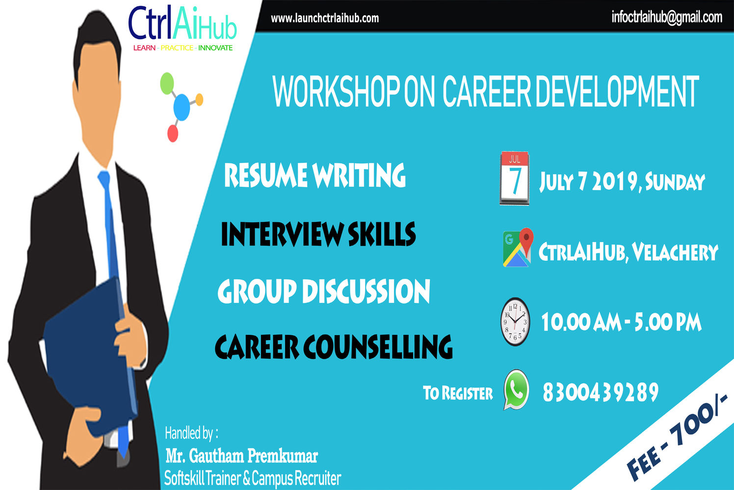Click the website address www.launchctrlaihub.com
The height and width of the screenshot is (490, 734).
325,18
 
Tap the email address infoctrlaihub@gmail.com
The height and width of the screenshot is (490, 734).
667,18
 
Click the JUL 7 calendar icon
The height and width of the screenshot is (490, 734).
515,178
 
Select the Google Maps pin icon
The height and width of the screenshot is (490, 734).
518,247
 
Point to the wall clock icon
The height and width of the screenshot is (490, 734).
515,322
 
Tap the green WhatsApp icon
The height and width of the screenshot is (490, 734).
516,390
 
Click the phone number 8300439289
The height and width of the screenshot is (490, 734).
601,392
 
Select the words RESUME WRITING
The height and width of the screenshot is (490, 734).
315,175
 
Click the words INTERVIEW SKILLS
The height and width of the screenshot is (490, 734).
318,234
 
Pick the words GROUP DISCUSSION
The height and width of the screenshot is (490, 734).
324,291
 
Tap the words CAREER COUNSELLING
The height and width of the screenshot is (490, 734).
334,347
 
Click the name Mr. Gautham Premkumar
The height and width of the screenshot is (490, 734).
242,456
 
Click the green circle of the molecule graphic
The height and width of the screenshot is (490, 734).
167,83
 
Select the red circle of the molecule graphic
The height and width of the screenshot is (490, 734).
173,134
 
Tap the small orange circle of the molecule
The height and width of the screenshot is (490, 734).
199,99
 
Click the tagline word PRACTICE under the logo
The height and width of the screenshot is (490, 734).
177,48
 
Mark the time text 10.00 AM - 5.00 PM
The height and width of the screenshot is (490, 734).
621,322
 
